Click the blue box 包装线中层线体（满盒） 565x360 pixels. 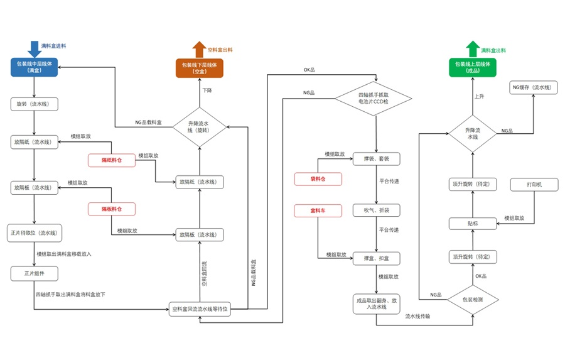(34, 67)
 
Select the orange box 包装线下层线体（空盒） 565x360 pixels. (198, 68)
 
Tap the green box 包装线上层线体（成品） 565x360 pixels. (472, 67)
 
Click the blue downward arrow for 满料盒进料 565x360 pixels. (34, 48)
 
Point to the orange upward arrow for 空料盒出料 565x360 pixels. (198, 49)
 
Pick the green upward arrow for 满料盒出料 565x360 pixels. (472, 49)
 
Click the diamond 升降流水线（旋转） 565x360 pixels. (198, 126)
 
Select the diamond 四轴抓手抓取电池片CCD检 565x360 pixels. (374, 98)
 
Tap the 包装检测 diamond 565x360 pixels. (472, 300)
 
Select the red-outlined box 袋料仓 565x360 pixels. (318, 180)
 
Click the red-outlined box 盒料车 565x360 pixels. (318, 209)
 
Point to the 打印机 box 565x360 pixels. (534, 185)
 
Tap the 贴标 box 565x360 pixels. (472, 223)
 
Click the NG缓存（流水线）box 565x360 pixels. (534, 87)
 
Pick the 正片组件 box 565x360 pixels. (34, 273)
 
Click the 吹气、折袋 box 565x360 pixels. (376, 209)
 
